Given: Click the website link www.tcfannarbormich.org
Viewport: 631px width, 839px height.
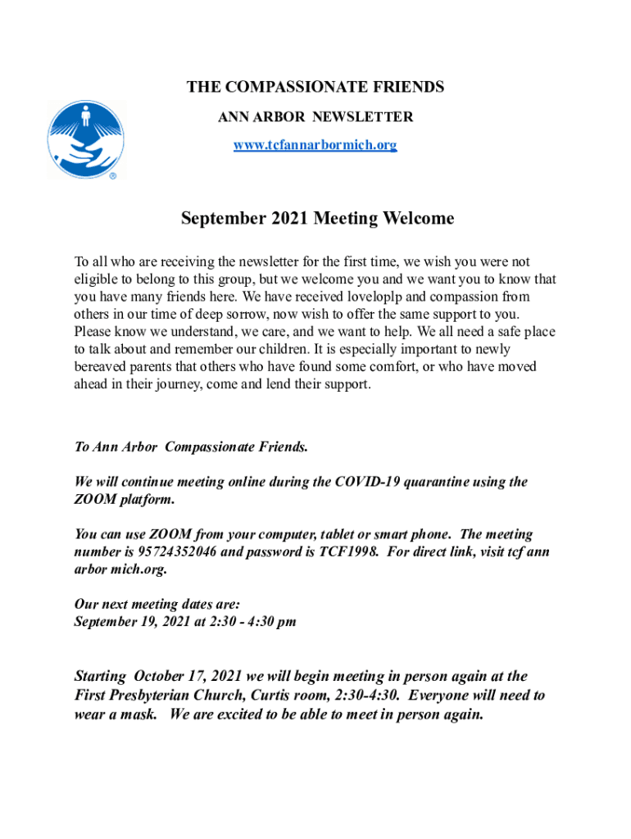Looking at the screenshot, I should (x=315, y=145).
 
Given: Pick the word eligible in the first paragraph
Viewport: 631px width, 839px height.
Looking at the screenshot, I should (x=95, y=279).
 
